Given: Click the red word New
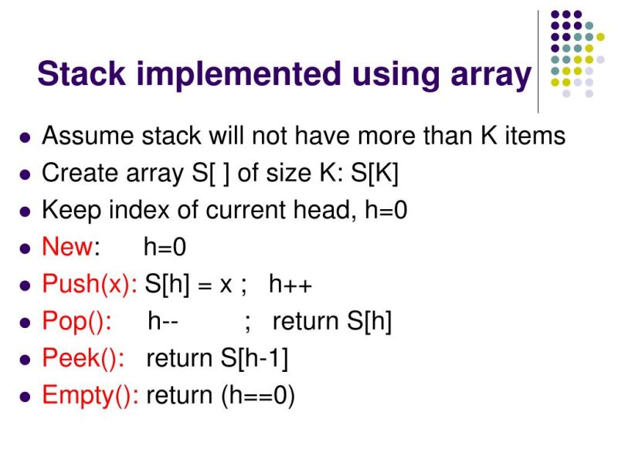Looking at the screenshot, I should coord(67,247).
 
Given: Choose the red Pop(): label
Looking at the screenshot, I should coord(76,321).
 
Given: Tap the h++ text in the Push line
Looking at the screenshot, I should coord(290,284).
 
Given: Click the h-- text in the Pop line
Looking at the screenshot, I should coord(163,321).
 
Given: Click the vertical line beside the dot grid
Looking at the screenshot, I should coord(538,62).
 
